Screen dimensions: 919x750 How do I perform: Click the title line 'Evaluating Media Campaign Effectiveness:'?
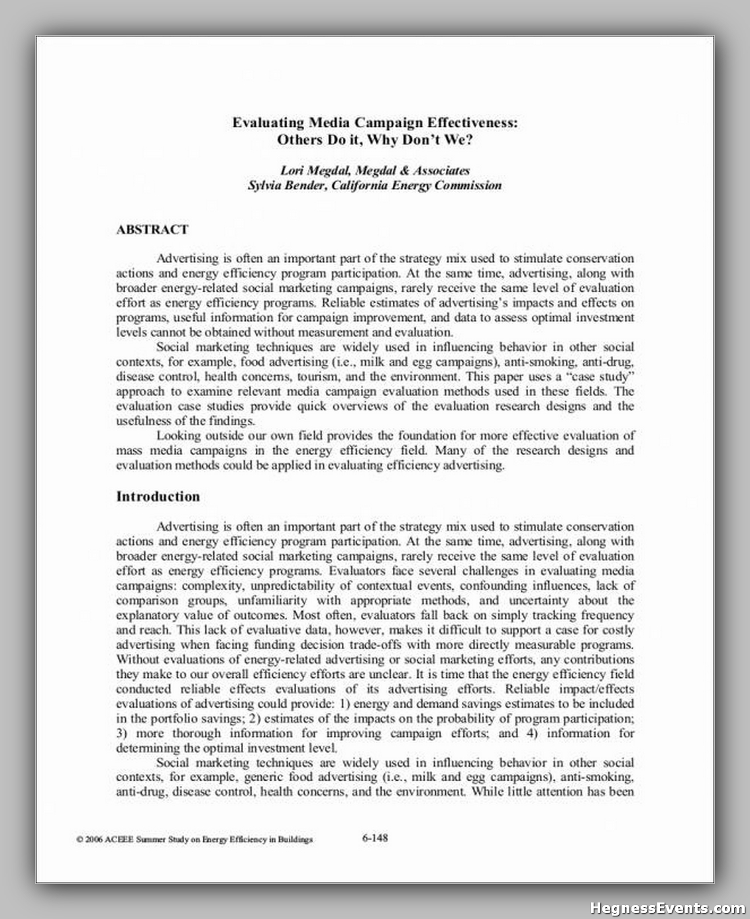pos(374,122)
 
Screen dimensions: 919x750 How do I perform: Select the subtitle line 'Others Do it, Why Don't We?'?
pos(374,140)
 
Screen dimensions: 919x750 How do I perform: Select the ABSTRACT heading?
pos(152,230)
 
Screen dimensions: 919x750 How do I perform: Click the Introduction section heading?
pos(158,497)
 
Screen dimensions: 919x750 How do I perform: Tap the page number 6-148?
pos(375,838)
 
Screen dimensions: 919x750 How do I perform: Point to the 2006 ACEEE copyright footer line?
pos(194,840)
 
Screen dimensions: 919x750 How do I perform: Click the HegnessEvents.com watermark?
pos(667,908)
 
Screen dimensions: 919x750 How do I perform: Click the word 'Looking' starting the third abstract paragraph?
pos(178,436)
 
